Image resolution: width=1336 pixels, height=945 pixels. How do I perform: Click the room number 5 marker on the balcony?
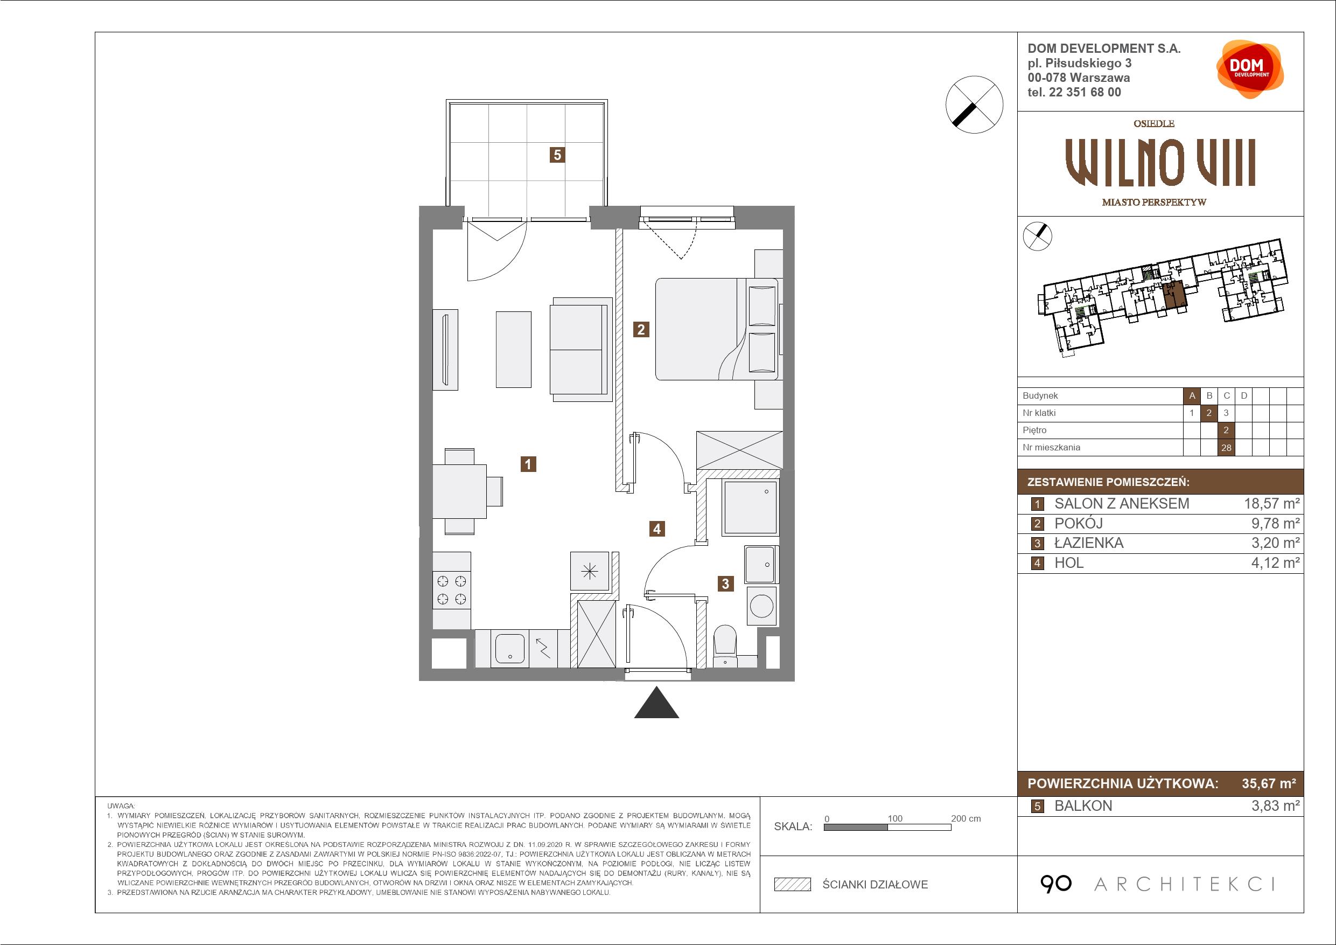(x=557, y=155)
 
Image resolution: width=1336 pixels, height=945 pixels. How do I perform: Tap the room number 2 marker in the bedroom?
(x=641, y=330)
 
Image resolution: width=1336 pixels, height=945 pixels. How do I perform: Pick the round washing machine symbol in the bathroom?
(x=761, y=606)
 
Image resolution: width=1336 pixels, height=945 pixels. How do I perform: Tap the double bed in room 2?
(x=717, y=330)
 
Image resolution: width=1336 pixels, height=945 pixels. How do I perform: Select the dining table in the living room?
(x=460, y=491)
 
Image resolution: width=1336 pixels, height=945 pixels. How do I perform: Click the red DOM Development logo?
(x=1249, y=70)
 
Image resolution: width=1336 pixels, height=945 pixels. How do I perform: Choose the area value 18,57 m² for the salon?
(x=1271, y=504)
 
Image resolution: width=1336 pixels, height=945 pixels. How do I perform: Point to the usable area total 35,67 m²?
(x=1269, y=784)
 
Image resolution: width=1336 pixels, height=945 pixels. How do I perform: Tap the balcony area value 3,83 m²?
(x=1276, y=806)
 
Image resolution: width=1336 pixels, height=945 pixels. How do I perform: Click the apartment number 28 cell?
(x=1226, y=448)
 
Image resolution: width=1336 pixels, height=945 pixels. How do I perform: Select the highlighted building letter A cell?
(x=1192, y=396)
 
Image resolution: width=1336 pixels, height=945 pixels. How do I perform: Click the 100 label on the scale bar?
(x=895, y=818)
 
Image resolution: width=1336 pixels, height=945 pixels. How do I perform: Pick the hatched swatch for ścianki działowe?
(x=793, y=885)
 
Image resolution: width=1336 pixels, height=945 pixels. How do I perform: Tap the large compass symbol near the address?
(x=974, y=104)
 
